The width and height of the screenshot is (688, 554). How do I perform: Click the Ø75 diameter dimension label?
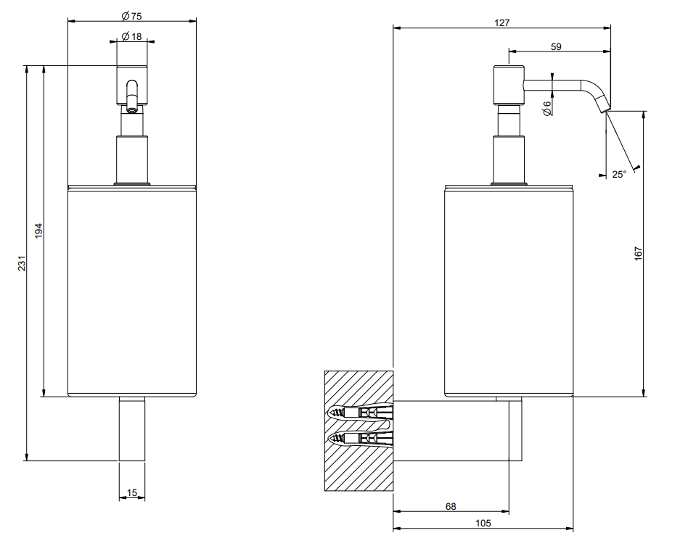click(x=131, y=16)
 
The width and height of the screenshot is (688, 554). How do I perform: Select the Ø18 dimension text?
click(x=131, y=36)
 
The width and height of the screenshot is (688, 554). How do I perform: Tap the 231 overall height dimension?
click(x=22, y=263)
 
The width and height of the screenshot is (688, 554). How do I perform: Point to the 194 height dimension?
click(x=39, y=231)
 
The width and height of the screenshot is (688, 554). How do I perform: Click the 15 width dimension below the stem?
click(x=131, y=492)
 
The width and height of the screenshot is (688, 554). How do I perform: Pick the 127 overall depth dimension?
click(x=502, y=22)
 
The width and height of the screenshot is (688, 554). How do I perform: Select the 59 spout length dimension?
click(x=556, y=46)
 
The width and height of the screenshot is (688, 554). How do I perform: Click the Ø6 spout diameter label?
click(x=546, y=108)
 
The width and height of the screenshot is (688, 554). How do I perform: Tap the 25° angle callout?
click(x=619, y=175)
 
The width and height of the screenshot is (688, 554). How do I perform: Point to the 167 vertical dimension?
click(x=638, y=254)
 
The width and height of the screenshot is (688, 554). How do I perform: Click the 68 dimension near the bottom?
click(x=451, y=506)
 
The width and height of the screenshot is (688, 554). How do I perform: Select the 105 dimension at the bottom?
click(x=483, y=523)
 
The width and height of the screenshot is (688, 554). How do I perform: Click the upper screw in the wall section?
click(x=360, y=413)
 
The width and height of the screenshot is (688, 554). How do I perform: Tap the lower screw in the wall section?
click(x=360, y=437)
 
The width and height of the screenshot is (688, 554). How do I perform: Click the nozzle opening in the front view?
click(x=131, y=109)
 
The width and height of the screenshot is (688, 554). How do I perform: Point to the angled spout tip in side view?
click(x=604, y=106)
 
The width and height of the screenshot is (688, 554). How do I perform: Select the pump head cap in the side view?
click(x=509, y=86)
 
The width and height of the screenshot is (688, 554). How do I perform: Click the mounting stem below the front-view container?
click(x=131, y=429)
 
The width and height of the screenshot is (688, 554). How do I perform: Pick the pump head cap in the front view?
click(x=131, y=86)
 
